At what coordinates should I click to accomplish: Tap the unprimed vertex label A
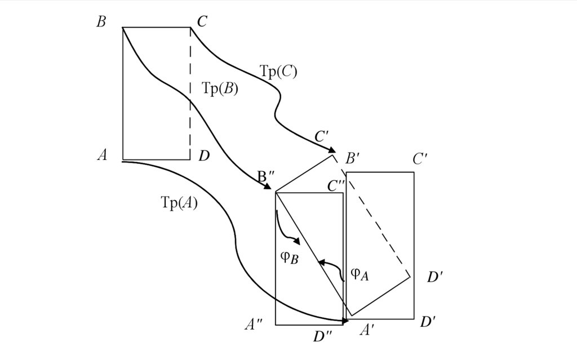point(102,155)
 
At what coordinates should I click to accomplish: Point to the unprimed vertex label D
point(204,156)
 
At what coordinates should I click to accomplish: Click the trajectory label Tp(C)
point(278,72)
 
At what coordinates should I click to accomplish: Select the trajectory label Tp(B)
point(220,89)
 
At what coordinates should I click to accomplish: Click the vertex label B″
point(265,176)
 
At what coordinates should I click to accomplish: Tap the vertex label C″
point(336,185)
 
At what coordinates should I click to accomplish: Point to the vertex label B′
point(354,159)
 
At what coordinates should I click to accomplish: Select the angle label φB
point(288,258)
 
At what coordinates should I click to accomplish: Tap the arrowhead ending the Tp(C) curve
point(332,150)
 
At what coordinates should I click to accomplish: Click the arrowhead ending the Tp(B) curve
point(268,187)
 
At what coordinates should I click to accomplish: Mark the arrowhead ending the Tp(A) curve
point(344,321)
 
